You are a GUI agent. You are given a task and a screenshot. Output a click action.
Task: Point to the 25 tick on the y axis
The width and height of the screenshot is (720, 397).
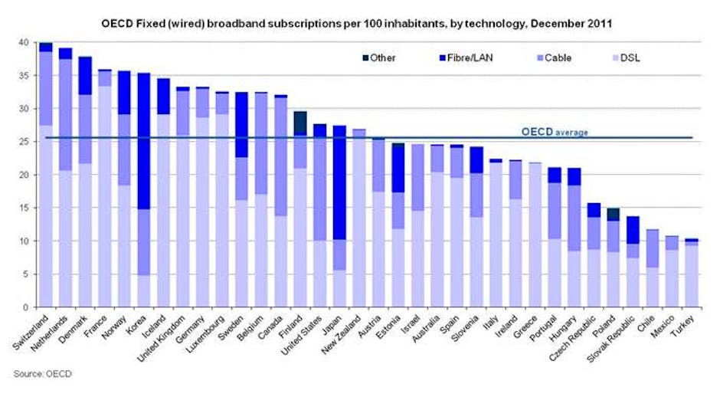25,142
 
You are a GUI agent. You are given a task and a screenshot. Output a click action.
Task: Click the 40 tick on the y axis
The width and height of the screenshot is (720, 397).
25,42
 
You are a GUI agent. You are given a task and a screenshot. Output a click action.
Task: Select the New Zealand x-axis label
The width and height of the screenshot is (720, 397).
351,336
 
